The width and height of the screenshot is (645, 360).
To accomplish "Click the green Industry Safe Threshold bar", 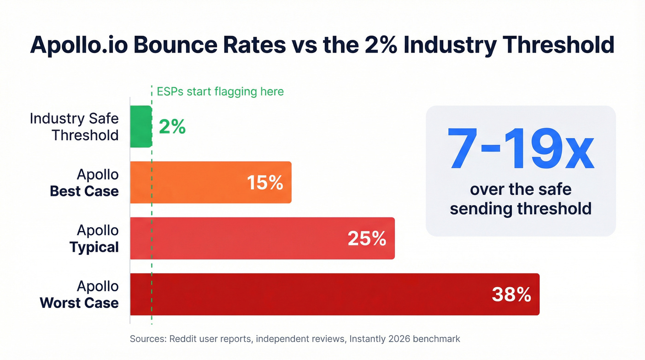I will tap(141, 127).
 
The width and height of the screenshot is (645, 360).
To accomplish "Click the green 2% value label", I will tap(172, 127).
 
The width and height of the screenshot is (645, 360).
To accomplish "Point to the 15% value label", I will tap(265, 183).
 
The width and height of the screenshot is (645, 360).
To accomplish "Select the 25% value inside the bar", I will tap(367, 238).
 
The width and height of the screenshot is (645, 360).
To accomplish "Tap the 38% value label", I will tap(511, 294).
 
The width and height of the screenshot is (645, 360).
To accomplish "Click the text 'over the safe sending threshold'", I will tap(521, 199).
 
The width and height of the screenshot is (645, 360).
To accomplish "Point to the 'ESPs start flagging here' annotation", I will tap(220, 91).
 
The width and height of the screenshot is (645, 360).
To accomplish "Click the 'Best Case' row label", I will tap(84, 191).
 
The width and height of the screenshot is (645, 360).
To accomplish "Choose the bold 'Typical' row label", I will tap(94, 247).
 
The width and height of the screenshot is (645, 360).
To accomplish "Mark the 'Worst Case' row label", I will tap(79, 303).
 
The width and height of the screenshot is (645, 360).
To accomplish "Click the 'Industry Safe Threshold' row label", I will tap(74, 127).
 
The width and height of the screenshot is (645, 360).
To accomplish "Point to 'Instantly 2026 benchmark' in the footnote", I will tap(405, 339).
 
